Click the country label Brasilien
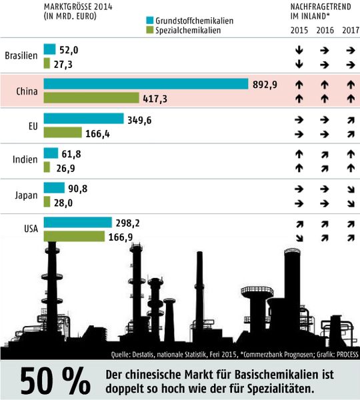tap(21, 56)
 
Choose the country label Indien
tap(25, 160)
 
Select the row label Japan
tap(26, 195)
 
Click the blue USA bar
tap(77, 223)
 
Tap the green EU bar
tap(63, 133)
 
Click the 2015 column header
tap(300, 31)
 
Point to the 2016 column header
tap(325, 31)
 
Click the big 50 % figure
tap(55, 380)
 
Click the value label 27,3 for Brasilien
tap(65, 63)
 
